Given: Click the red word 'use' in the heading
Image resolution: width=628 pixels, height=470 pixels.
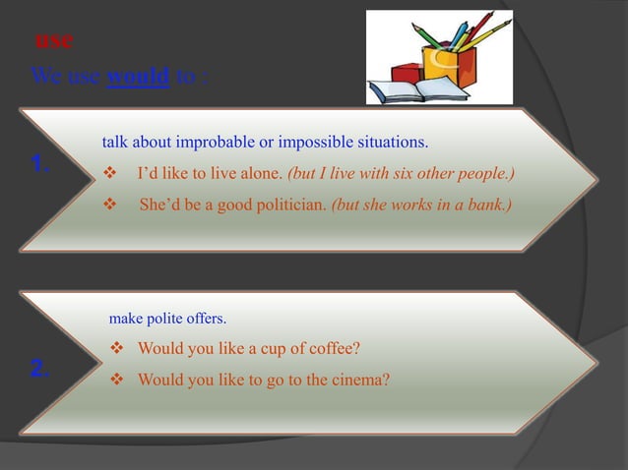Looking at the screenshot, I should coord(53,41).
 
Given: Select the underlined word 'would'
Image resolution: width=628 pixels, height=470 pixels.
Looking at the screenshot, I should coord(138,76).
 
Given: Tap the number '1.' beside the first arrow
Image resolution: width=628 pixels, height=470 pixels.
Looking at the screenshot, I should coord(40,164).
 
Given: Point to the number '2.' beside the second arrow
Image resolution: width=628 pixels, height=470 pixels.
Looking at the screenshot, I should coord(40,369).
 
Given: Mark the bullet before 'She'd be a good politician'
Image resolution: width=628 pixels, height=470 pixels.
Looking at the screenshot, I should coord(110,206).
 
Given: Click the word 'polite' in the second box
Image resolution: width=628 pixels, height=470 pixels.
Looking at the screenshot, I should coord(169,319).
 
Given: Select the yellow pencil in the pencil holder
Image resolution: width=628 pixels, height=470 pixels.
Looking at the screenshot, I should coord(489,32).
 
